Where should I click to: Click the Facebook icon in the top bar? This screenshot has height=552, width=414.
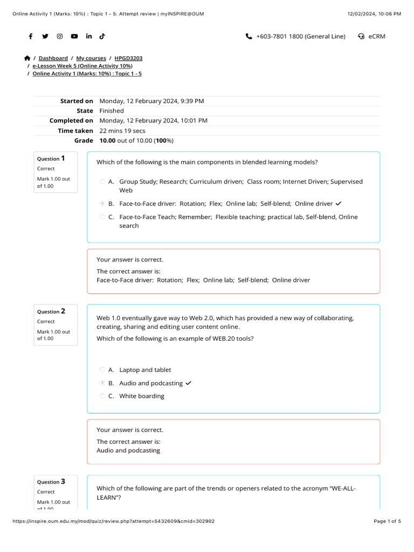click(31, 36)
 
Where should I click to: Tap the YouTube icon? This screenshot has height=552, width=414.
click(74, 36)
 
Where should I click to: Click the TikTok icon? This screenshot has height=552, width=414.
click(102, 36)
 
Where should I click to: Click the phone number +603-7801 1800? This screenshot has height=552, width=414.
click(300, 36)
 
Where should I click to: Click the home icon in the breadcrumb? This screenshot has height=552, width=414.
click(27, 58)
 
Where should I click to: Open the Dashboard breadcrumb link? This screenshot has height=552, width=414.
click(53, 58)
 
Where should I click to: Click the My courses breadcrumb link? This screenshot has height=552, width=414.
click(91, 58)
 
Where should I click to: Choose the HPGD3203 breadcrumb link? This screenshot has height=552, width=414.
click(128, 58)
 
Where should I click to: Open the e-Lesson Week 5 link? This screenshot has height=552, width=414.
click(82, 66)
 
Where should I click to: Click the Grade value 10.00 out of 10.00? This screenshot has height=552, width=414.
click(136, 141)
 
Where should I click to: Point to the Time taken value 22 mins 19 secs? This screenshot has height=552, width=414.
click(122, 131)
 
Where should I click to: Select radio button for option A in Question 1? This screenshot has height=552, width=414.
click(102, 182)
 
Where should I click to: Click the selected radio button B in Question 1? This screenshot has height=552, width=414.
click(102, 204)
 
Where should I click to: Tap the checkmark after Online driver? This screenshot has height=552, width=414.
click(339, 204)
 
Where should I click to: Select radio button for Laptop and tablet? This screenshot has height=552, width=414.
click(102, 370)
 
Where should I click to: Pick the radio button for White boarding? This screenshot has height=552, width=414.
click(102, 396)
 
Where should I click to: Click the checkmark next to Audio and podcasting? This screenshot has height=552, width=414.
click(188, 383)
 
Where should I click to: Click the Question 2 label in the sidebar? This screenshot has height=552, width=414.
click(51, 311)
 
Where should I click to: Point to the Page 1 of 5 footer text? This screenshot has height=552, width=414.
click(387, 521)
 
